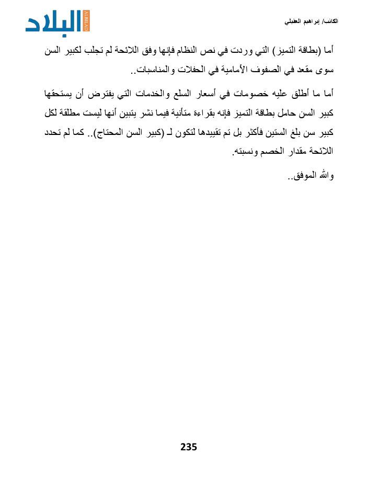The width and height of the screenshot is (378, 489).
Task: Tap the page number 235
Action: point(189,447)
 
